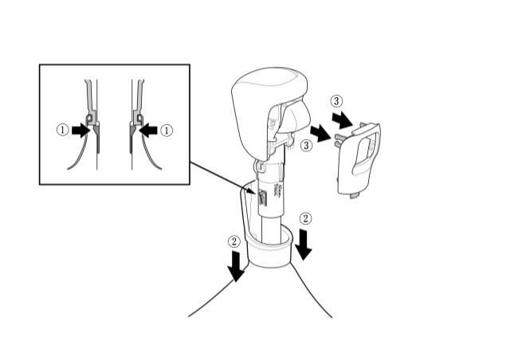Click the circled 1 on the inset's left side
coord(63,130)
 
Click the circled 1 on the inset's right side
coord(167,130)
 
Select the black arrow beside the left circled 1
coord(81,130)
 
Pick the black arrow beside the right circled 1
coord(147,130)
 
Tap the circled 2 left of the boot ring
coord(234,241)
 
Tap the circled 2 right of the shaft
coord(305,218)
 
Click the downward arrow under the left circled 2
coord(236,267)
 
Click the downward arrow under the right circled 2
coord(304,244)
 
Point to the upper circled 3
coord(336,101)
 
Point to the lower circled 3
coord(306,145)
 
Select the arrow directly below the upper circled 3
coord(342,119)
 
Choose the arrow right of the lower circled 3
coord(320,134)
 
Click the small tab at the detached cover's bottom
coord(355,196)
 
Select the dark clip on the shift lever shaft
coord(262,198)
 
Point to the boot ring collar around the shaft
coord(270,249)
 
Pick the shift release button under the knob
coord(295,116)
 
